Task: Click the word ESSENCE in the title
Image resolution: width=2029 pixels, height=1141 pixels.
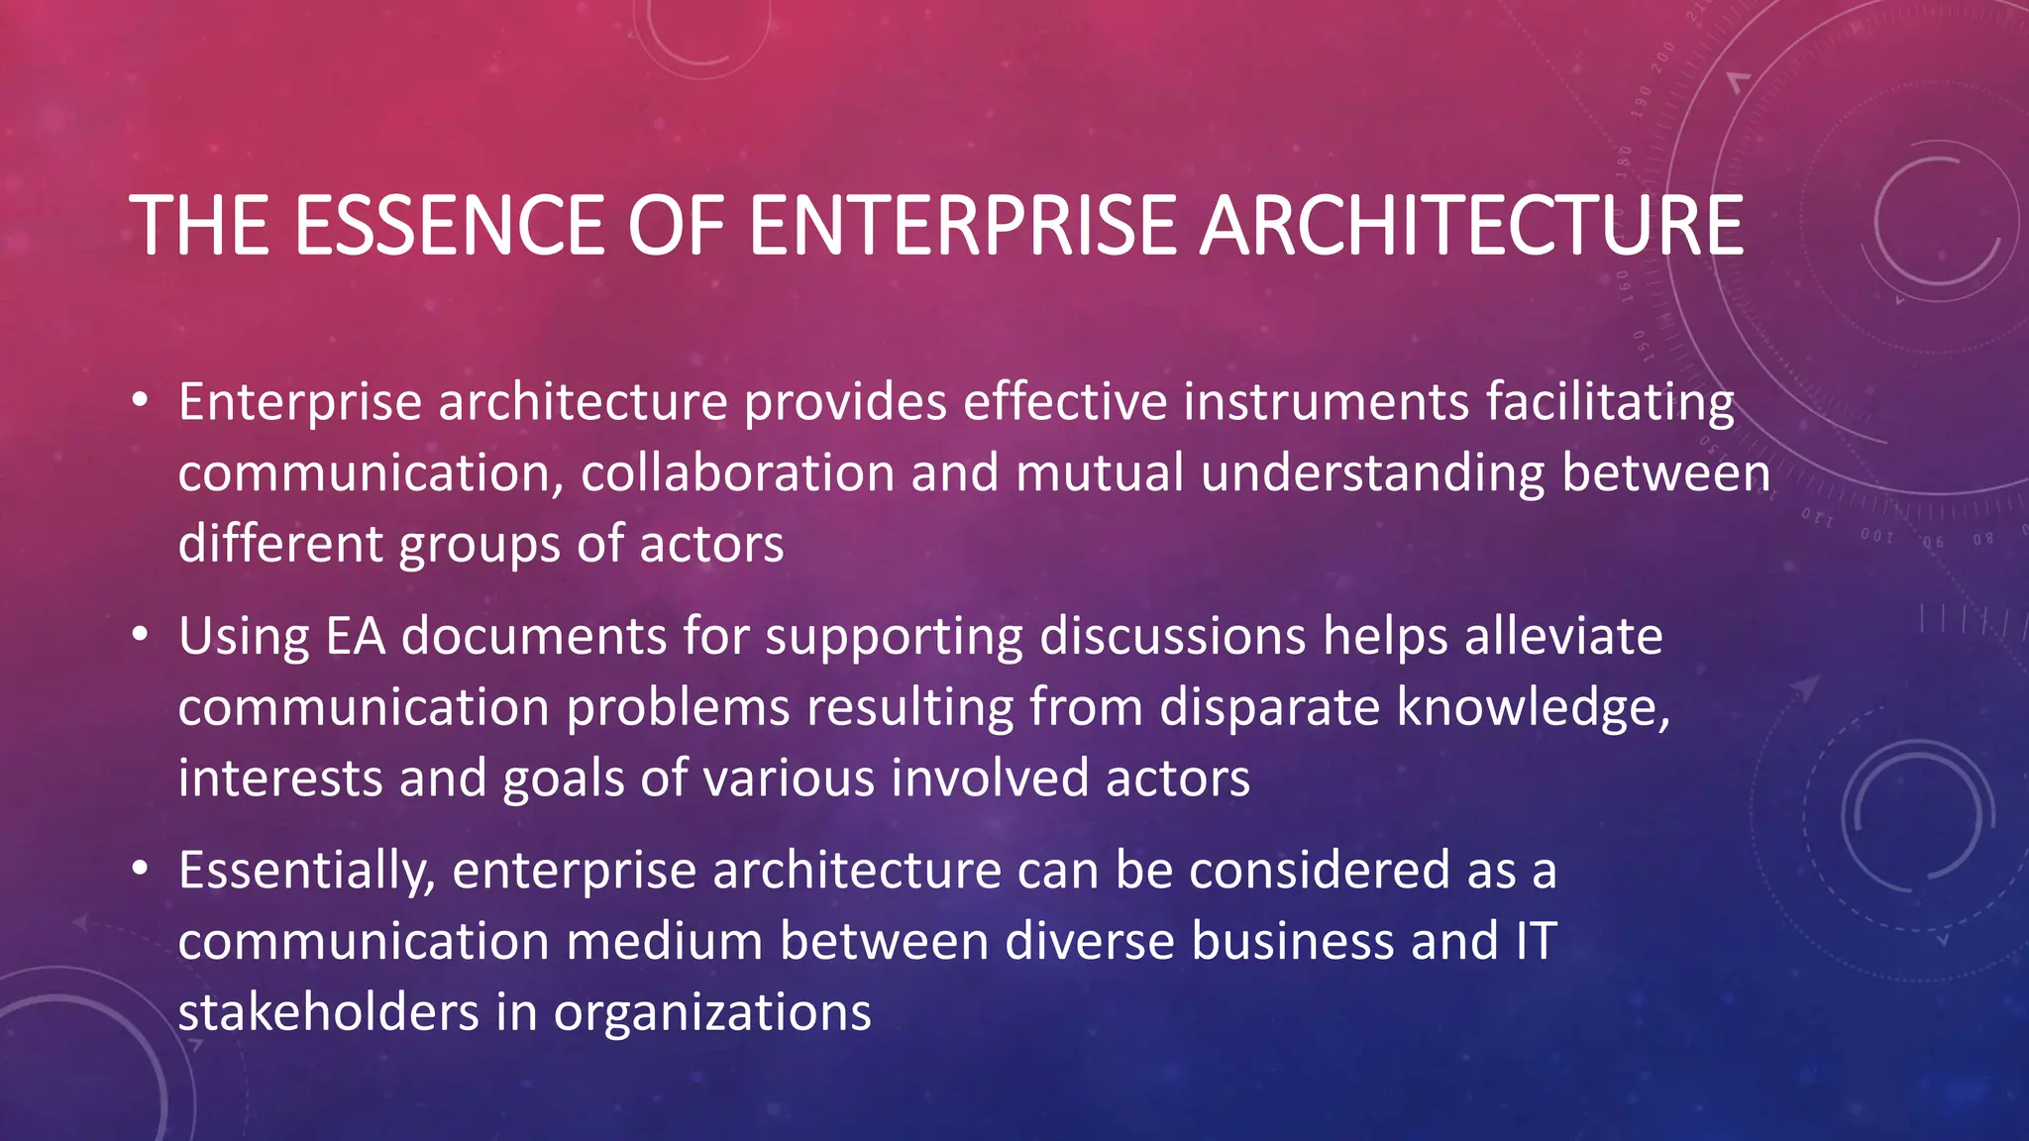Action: coord(448,226)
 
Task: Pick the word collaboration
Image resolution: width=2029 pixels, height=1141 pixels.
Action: coord(737,472)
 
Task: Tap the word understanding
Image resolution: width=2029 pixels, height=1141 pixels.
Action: coord(1372,474)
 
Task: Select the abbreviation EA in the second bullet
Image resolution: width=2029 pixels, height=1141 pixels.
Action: coord(355,636)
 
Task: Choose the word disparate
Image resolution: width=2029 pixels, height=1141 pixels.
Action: coord(1269,708)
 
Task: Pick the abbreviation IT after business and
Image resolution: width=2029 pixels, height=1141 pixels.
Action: coord(1536,941)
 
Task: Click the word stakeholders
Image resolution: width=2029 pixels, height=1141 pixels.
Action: coord(328,1012)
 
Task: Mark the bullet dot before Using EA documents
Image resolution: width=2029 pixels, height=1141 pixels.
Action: coord(141,634)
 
